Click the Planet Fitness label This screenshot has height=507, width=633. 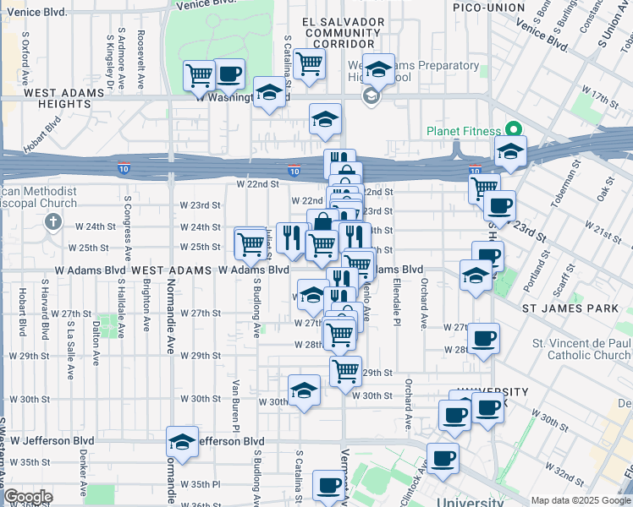tap(465, 131)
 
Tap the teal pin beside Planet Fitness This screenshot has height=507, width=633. tap(513, 130)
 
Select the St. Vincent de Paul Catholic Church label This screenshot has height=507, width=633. tap(581, 349)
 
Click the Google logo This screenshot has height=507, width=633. tap(28, 497)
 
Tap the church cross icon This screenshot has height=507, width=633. tap(52, 221)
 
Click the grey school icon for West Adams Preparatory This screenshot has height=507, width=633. tap(370, 97)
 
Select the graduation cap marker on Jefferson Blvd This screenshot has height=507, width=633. tap(182, 442)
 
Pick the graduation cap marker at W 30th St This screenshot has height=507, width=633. tap(304, 390)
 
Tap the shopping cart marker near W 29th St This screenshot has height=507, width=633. tap(345, 369)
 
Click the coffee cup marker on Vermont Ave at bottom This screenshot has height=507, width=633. tap(328, 486)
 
